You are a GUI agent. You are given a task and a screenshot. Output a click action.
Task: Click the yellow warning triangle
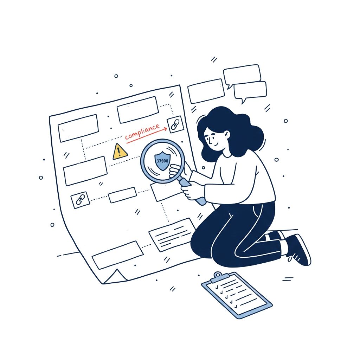120,152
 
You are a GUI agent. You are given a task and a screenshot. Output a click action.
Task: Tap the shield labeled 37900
162,161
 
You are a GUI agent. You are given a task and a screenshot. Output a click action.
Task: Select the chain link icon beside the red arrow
175,124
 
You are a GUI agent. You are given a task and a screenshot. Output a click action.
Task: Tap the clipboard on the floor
236,295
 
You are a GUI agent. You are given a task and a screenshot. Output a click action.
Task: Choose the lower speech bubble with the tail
250,91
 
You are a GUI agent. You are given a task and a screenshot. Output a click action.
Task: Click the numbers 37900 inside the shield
162,161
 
